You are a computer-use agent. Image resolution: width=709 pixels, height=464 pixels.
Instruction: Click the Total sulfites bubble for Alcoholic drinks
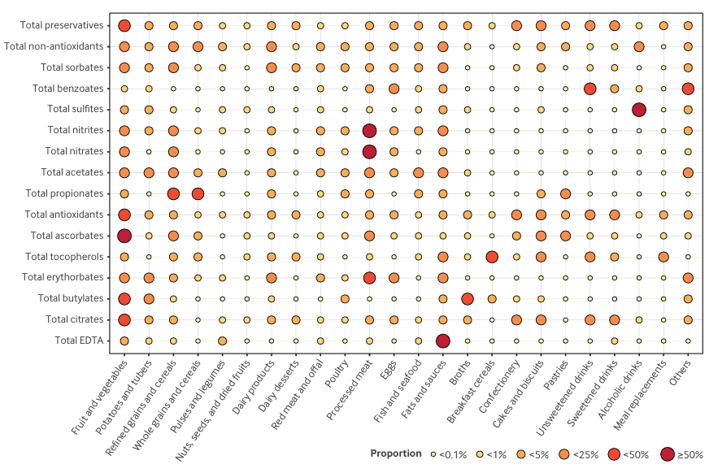point(639,109)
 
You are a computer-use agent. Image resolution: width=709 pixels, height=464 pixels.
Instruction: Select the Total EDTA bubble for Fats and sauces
point(442,340)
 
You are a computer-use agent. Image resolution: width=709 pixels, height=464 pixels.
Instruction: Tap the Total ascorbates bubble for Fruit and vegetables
point(124,236)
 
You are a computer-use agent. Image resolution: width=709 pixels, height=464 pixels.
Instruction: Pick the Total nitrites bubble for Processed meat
point(369,130)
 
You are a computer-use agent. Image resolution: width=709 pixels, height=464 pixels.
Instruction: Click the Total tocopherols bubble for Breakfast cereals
point(492,257)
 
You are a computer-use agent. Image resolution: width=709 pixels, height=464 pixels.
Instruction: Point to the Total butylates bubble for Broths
point(468,298)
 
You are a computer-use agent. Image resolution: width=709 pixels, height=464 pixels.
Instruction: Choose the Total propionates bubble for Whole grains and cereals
point(198,193)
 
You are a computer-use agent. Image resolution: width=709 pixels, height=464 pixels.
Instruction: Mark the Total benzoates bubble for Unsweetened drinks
point(589,88)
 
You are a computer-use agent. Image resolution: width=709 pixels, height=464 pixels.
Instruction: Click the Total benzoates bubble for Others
point(688,88)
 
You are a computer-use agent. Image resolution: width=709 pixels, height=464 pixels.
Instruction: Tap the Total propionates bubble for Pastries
point(565,193)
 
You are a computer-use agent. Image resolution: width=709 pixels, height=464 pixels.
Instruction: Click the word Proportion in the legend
point(395,453)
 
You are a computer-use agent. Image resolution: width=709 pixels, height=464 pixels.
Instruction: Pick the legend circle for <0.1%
point(433,453)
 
